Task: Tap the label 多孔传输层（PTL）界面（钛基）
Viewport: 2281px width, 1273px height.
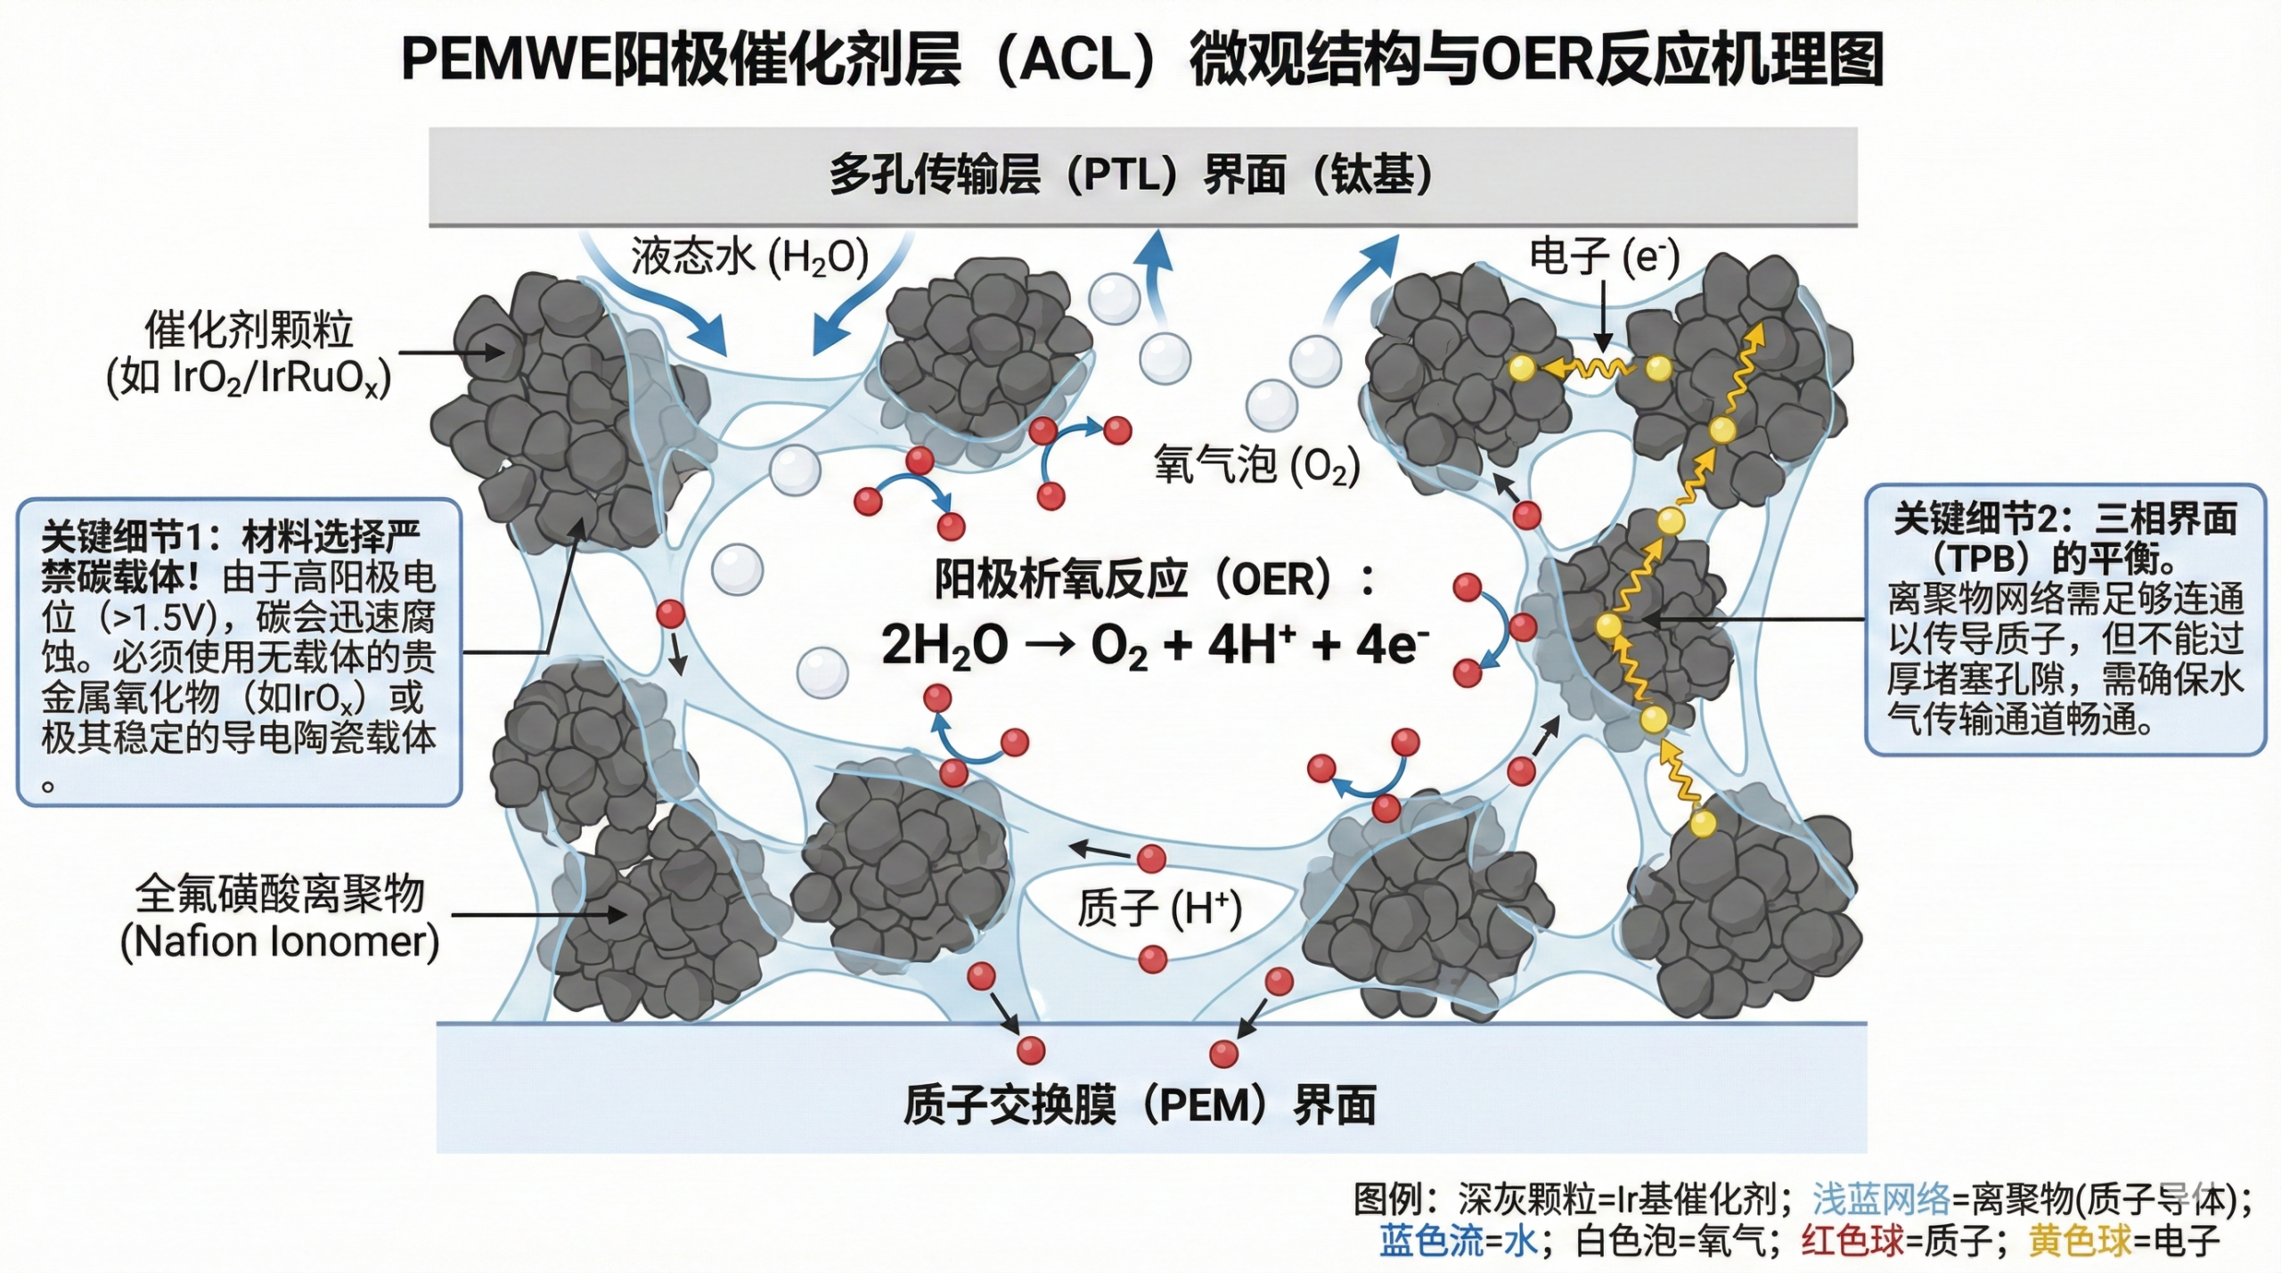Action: click(x=1132, y=175)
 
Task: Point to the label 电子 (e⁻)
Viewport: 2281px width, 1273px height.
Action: click(x=1604, y=257)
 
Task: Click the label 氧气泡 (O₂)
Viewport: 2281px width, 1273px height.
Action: click(x=1256, y=465)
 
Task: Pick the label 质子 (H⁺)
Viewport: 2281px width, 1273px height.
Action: click(x=1159, y=909)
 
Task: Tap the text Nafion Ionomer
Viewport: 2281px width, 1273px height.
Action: click(x=280, y=942)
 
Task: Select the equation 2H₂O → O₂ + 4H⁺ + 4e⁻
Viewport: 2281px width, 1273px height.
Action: click(x=1155, y=645)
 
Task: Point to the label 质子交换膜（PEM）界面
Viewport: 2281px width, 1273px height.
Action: click(x=1140, y=1106)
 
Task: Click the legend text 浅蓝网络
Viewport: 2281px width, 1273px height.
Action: click(x=1881, y=1200)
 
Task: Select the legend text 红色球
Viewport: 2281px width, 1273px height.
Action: click(x=1852, y=1241)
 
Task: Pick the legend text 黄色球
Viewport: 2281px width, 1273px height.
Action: click(x=2081, y=1241)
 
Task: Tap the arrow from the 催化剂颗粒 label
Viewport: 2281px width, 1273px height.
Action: click(x=450, y=353)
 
